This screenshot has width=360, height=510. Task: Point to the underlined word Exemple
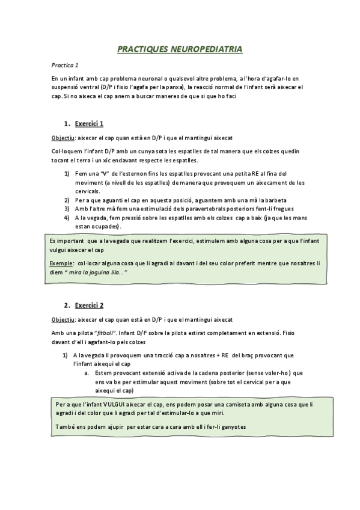point(63,263)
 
